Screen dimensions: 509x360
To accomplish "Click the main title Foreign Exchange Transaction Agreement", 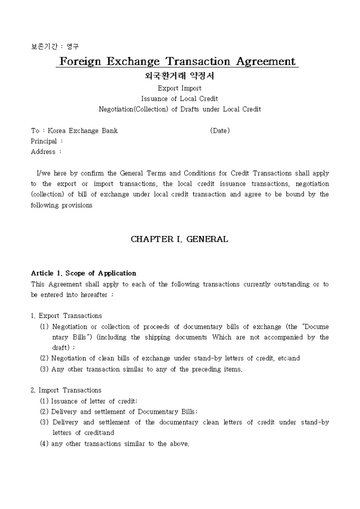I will pyautogui.click(x=177, y=61).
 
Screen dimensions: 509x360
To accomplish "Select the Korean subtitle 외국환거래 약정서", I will pyautogui.click(x=179, y=76).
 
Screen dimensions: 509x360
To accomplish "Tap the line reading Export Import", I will pyautogui.click(x=179, y=88).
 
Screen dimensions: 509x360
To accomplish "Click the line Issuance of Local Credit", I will pyautogui.click(x=179, y=99).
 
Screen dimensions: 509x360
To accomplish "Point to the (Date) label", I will pyautogui.click(x=220, y=131).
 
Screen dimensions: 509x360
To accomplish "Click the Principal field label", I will pyautogui.click(x=44, y=141).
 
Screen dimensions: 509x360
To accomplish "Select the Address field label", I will pyautogui.click(x=43, y=152).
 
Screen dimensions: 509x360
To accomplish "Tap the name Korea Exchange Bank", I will pyautogui.click(x=83, y=131).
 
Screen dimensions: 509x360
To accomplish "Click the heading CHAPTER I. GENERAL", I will pyautogui.click(x=179, y=239).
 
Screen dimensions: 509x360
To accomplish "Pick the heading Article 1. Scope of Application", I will pyautogui.click(x=84, y=274).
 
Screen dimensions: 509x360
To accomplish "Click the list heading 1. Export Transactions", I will pyautogui.click(x=66, y=316).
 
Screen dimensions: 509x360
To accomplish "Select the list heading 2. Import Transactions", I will pyautogui.click(x=66, y=390).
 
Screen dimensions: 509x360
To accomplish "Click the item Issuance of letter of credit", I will pyautogui.click(x=94, y=401).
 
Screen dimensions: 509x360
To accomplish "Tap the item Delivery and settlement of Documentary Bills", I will pyautogui.click(x=124, y=412).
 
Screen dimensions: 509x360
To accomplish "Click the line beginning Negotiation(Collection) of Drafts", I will pyautogui.click(x=179, y=110).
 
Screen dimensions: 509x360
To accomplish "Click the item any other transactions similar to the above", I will pyautogui.click(x=120, y=443).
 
